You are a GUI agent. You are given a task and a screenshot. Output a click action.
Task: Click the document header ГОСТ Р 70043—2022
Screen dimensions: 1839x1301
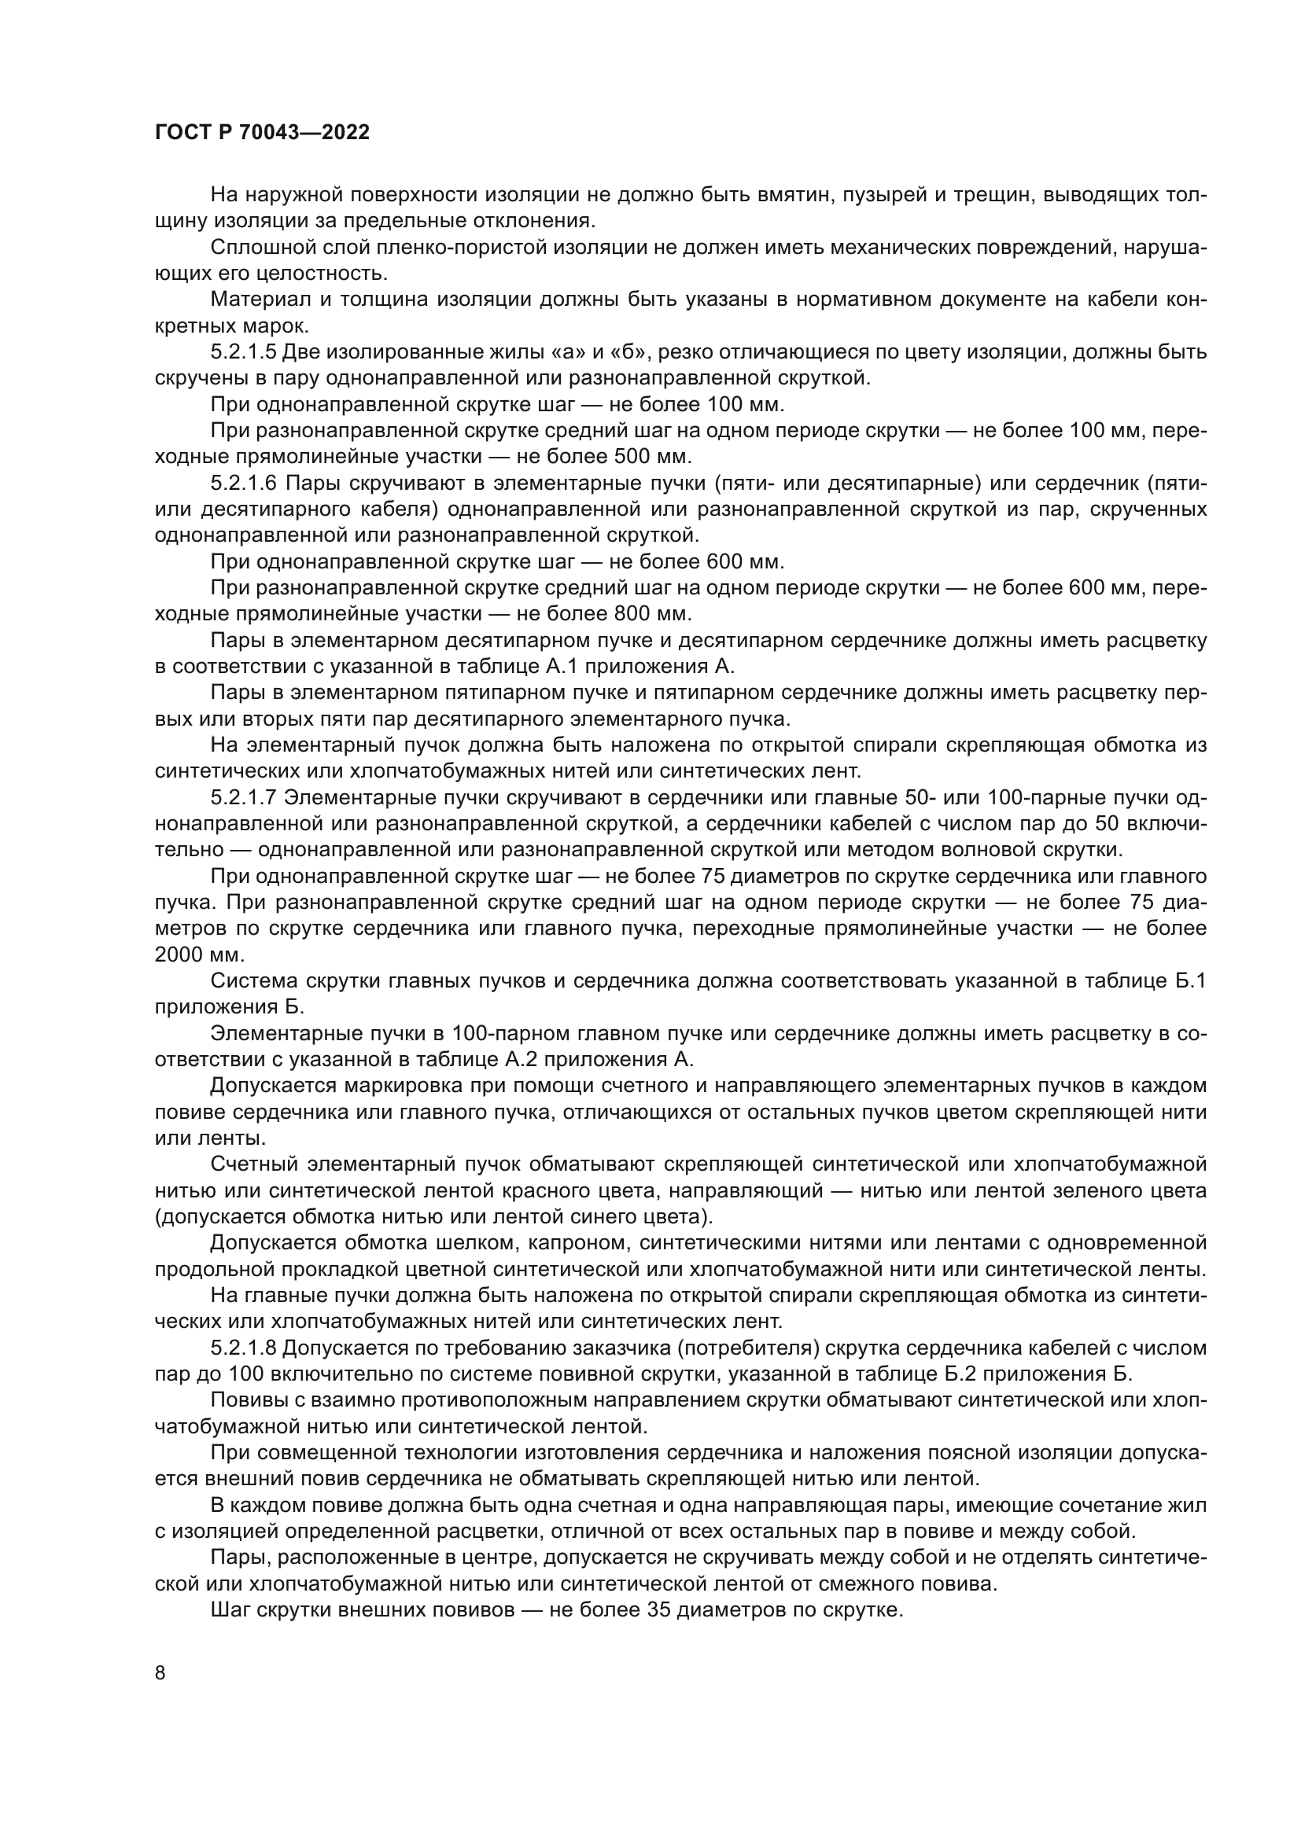pyautogui.click(x=262, y=133)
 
